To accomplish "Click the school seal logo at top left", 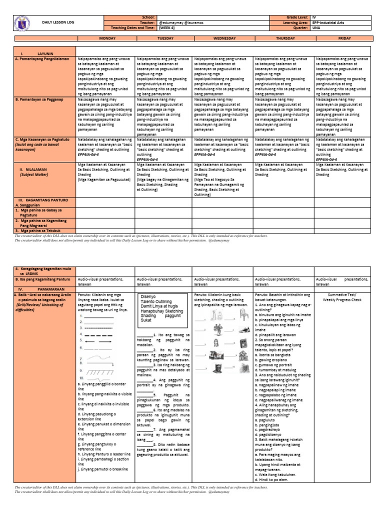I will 24,23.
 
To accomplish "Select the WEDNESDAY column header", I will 223,37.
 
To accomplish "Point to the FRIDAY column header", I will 342,37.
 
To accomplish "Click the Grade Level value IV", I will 313,17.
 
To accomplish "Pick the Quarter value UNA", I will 316,28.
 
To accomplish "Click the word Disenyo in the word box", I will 149,295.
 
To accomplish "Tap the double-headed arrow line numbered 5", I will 98,341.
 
